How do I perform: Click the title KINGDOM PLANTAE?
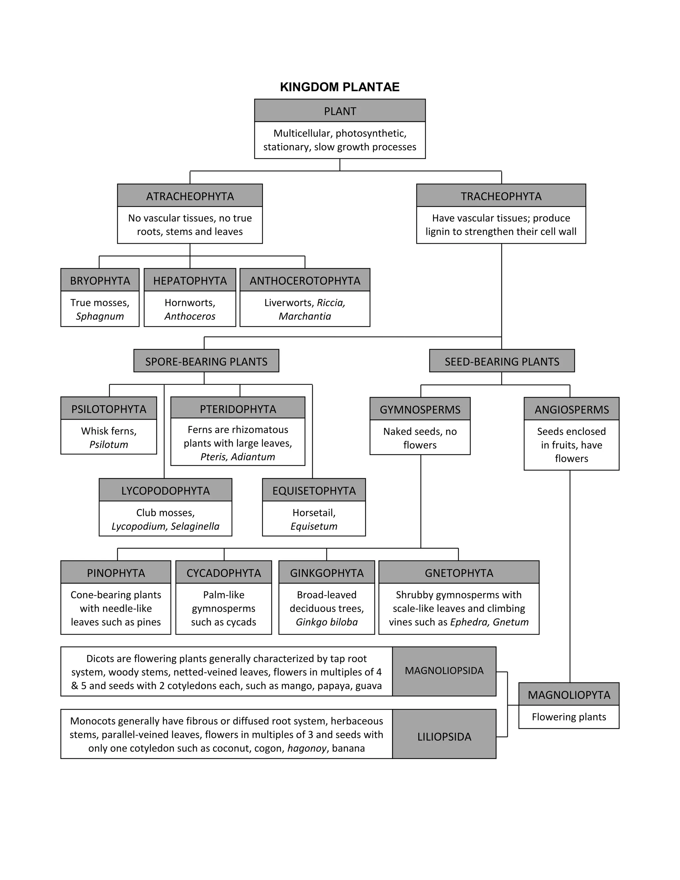[x=340, y=87]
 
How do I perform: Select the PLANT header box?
[x=340, y=111]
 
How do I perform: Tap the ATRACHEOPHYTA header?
[x=190, y=196]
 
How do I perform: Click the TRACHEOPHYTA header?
[x=501, y=196]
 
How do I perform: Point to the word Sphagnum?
[x=100, y=316]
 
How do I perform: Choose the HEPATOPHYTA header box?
[x=190, y=281]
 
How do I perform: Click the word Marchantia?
[x=304, y=316]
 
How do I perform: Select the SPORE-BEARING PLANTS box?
[x=206, y=361]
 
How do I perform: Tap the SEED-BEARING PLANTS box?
[x=502, y=361]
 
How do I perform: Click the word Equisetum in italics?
[x=314, y=526]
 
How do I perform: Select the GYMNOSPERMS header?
[x=420, y=409]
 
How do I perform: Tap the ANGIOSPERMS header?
[x=571, y=409]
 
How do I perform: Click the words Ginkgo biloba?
[x=326, y=622]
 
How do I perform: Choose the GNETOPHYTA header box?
[x=459, y=572]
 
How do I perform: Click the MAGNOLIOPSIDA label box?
[x=444, y=671]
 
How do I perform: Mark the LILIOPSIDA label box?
[x=444, y=737]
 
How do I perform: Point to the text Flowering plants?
[x=568, y=717]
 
